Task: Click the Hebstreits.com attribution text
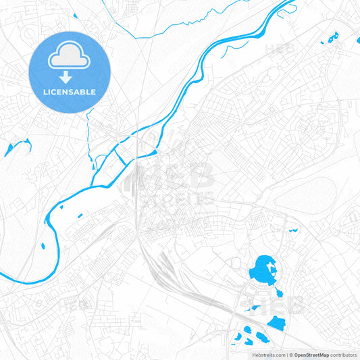point(267,355)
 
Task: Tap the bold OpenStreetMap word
point(311,355)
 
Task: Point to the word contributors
point(344,355)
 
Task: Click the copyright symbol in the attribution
point(290,355)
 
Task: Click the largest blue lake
point(262,272)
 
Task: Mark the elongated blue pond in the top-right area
point(334,38)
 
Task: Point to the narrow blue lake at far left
point(17,147)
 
